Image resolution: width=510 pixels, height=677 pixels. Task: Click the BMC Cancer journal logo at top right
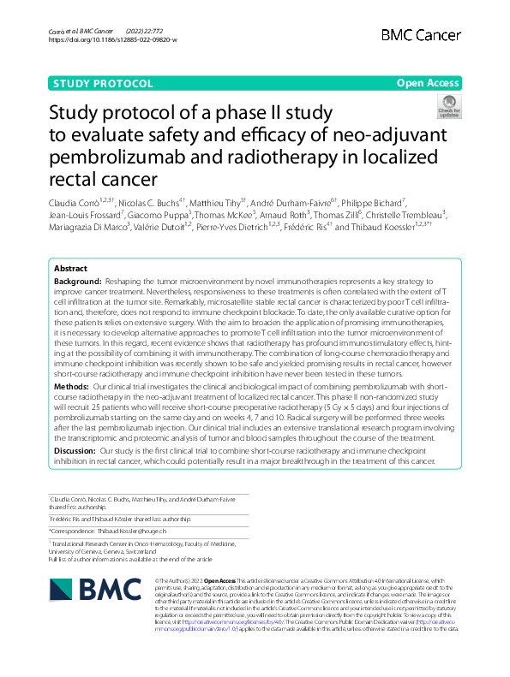click(419, 34)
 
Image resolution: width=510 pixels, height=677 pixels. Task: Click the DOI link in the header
click(112, 39)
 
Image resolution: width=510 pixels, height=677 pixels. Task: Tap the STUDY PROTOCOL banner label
click(103, 84)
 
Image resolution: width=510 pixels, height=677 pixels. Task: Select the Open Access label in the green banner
click(428, 84)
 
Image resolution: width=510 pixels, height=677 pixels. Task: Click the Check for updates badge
click(449, 106)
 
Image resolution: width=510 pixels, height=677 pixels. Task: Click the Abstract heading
click(70, 268)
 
